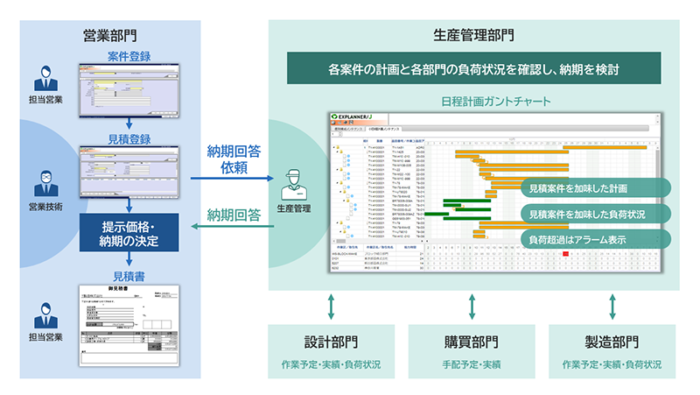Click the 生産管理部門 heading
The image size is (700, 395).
tap(473, 36)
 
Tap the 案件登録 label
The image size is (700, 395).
tap(129, 56)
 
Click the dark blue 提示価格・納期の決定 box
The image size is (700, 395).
tap(129, 228)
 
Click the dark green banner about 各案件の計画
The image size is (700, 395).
tap(473, 68)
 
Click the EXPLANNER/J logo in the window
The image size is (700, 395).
tap(358, 116)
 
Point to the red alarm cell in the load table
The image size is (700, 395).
tap(566, 254)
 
